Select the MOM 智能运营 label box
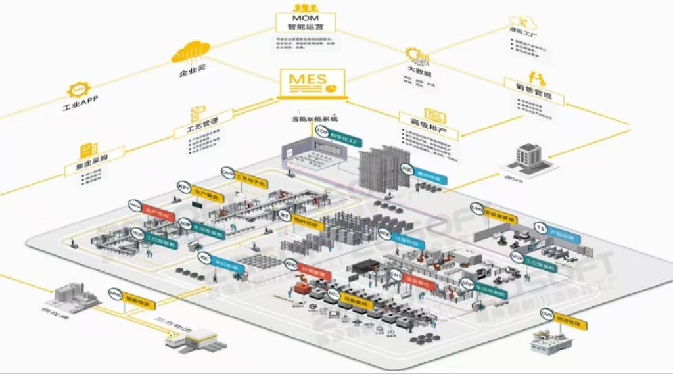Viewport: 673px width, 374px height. pos(305,21)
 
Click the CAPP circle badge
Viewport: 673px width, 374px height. pos(227,172)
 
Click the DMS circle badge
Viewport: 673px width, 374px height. pos(547,317)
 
